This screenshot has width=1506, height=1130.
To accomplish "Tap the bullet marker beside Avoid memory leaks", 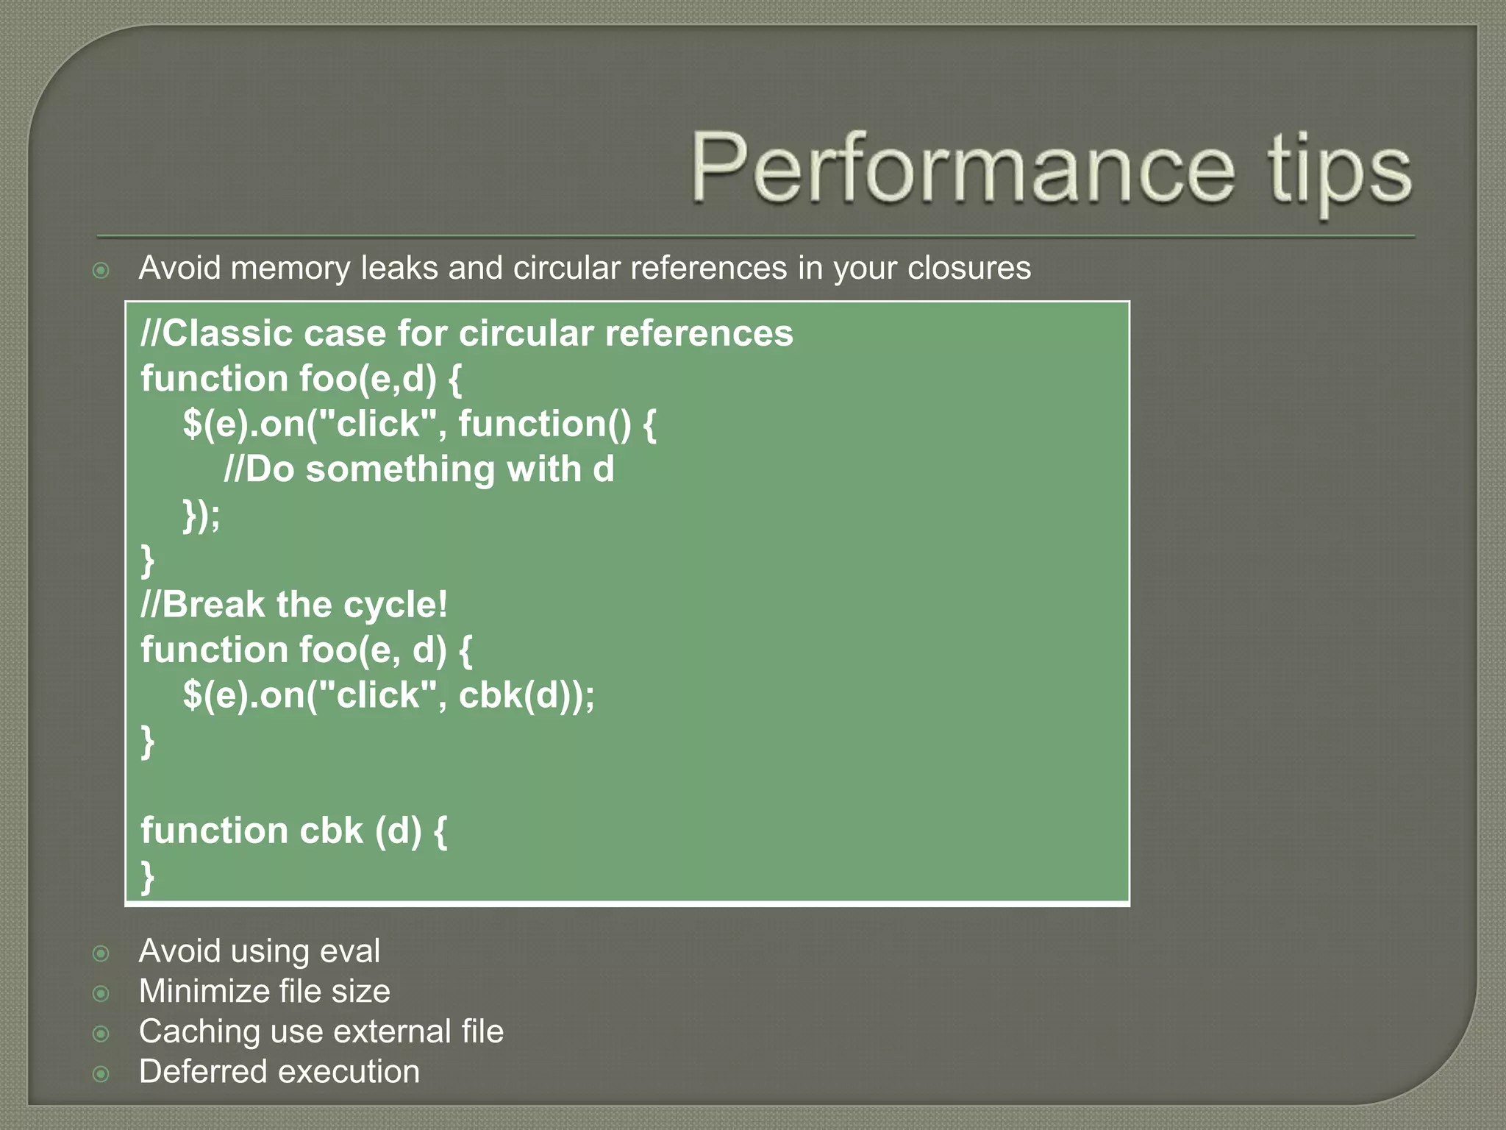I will pyautogui.click(x=101, y=270).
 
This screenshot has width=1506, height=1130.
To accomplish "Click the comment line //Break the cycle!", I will pyautogui.click(x=294, y=605).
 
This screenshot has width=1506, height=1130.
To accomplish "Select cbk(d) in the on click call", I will pyautogui.click(x=518, y=694).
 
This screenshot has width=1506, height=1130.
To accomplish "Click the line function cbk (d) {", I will pyautogui.click(x=294, y=831).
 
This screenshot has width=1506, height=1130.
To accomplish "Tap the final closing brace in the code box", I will pyautogui.click(x=148, y=876).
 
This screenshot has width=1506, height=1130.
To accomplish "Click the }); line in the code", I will pyautogui.click(x=201, y=515).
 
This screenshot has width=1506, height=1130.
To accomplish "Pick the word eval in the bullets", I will pyautogui.click(x=351, y=950).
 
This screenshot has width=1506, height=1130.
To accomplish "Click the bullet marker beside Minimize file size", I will pyautogui.click(x=101, y=994).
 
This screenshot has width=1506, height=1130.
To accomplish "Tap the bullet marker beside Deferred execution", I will pyautogui.click(x=101, y=1074).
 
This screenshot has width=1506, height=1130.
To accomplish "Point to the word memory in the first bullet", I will pyautogui.click(x=290, y=269).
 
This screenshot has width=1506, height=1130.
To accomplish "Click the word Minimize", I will pyautogui.click(x=204, y=991).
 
